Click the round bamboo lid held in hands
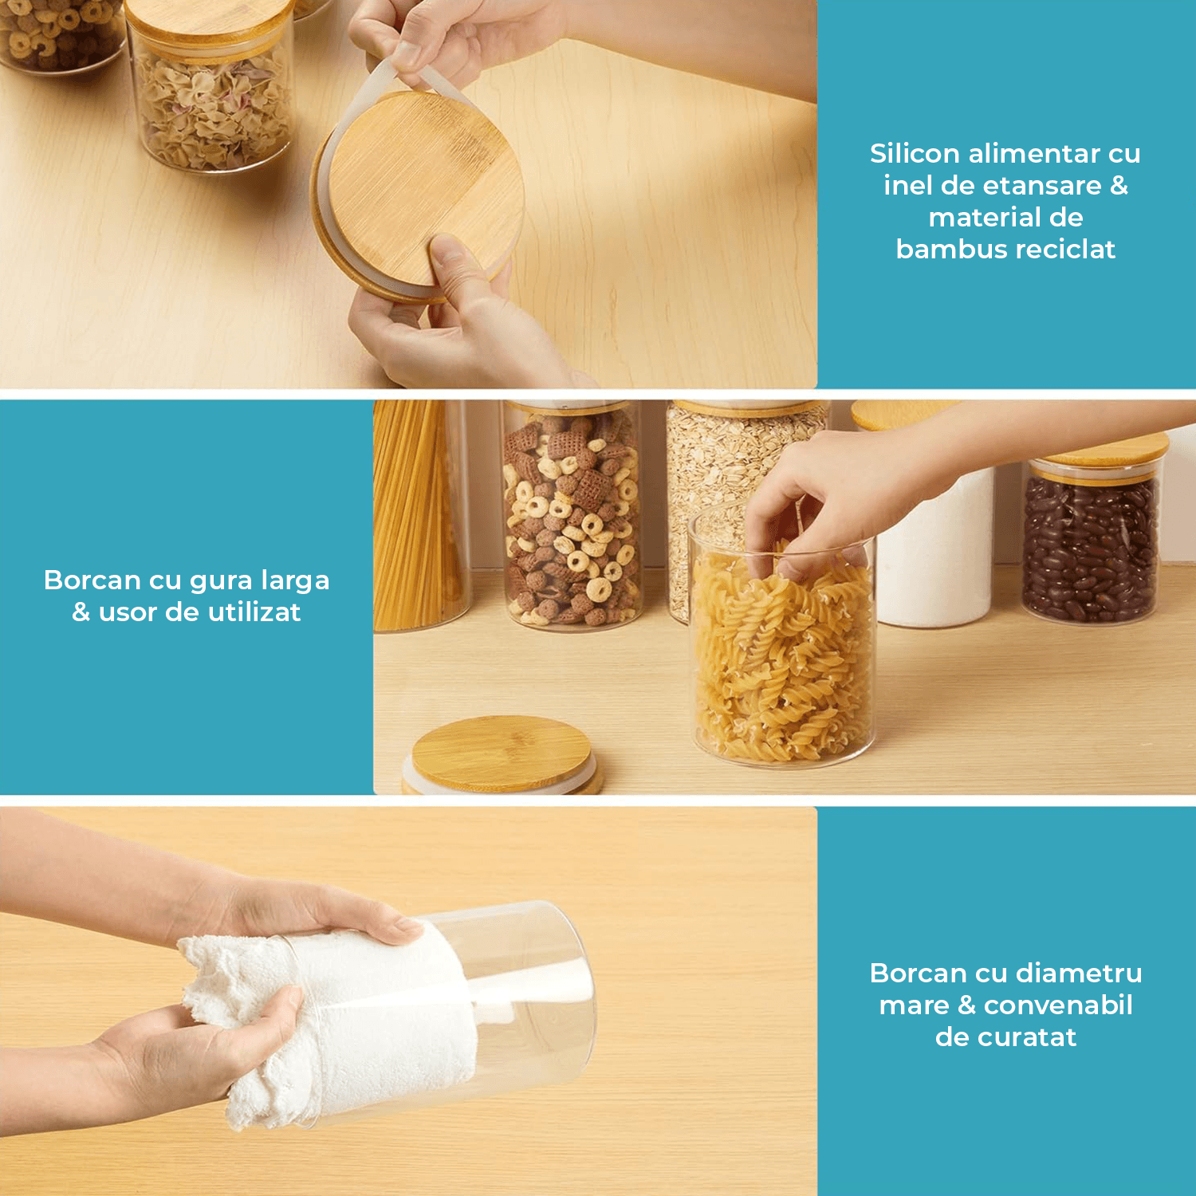click(419, 195)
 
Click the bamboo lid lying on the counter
click(502, 754)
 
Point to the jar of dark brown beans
click(1091, 542)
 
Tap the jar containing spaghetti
click(420, 514)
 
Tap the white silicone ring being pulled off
click(375, 144)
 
